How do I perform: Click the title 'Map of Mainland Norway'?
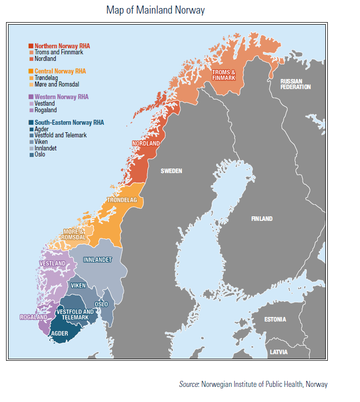[x=155, y=10]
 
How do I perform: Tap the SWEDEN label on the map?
[x=171, y=171]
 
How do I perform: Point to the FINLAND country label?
[x=261, y=219]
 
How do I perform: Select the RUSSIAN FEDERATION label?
[x=296, y=84]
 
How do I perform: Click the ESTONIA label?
[x=275, y=319]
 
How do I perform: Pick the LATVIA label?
[x=278, y=352]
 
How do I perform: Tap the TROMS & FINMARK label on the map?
[x=224, y=75]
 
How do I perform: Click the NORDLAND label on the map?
[x=146, y=144]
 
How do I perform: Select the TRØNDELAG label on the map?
[x=122, y=200]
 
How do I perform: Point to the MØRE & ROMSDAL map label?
[x=74, y=234]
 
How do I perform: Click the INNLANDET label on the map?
[x=97, y=260]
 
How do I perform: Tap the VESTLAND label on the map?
[x=52, y=264]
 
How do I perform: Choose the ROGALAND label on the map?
[x=33, y=317]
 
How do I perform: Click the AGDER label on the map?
[x=60, y=333]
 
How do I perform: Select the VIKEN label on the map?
[x=78, y=286]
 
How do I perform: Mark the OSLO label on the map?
[x=101, y=304]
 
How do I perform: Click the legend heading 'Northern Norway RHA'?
[x=62, y=46]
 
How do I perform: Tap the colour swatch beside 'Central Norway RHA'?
[x=31, y=71]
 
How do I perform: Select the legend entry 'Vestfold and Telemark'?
[x=60, y=135]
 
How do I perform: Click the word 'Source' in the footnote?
[x=189, y=384]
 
